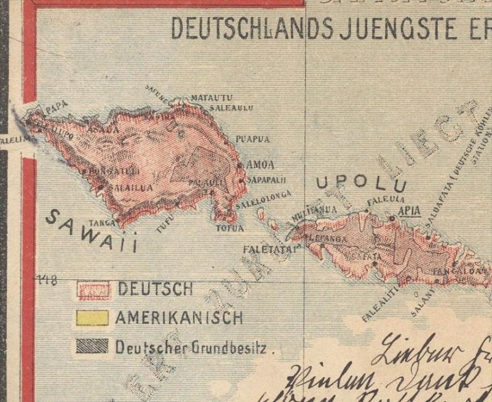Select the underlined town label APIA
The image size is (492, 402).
[409, 211]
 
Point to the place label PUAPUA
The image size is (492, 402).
[253, 140]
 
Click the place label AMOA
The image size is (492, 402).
[259, 165]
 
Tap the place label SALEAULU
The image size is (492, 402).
[231, 107]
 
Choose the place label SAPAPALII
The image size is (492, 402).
[268, 180]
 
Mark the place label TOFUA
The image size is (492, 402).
[230, 228]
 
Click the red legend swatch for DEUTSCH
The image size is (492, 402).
[92, 289]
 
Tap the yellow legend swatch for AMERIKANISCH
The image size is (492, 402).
[92, 318]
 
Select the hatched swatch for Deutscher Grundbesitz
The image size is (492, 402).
[92, 346]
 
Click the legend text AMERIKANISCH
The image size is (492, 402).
[179, 318]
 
